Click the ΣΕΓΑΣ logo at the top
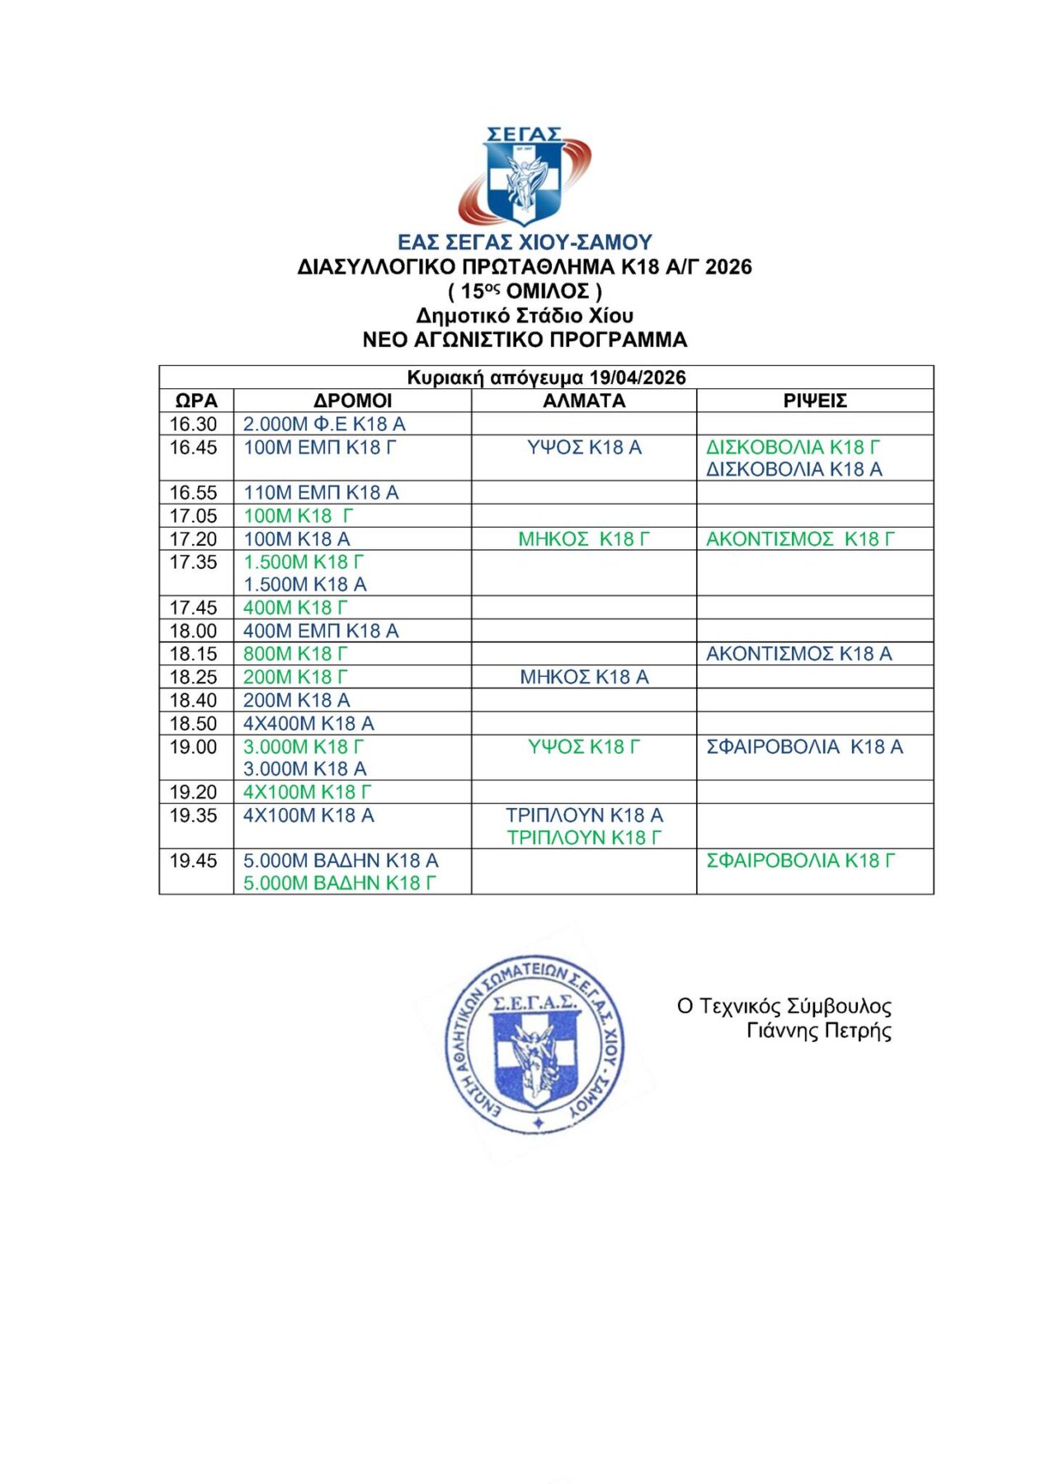click(x=524, y=176)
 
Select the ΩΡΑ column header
click(x=196, y=401)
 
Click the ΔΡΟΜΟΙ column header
click(x=352, y=401)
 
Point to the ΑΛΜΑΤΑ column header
click(x=584, y=401)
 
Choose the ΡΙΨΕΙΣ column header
click(x=815, y=401)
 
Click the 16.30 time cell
click(x=194, y=424)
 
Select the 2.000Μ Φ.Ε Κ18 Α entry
click(x=324, y=424)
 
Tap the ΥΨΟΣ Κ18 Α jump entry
click(x=584, y=447)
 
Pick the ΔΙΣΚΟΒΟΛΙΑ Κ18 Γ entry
click(x=793, y=447)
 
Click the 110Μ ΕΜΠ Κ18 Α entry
click(x=321, y=492)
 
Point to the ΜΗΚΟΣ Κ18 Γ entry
click(x=584, y=539)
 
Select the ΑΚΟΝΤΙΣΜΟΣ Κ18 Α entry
click(x=798, y=654)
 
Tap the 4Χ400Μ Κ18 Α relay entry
click(x=308, y=723)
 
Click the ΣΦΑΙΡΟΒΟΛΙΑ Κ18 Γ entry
click(x=800, y=860)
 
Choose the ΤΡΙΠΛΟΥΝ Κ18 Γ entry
click(x=584, y=838)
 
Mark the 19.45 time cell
click(x=194, y=861)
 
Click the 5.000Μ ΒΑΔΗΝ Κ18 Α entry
click(x=341, y=860)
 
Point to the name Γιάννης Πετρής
click(x=818, y=1031)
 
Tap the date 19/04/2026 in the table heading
click(x=643, y=378)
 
